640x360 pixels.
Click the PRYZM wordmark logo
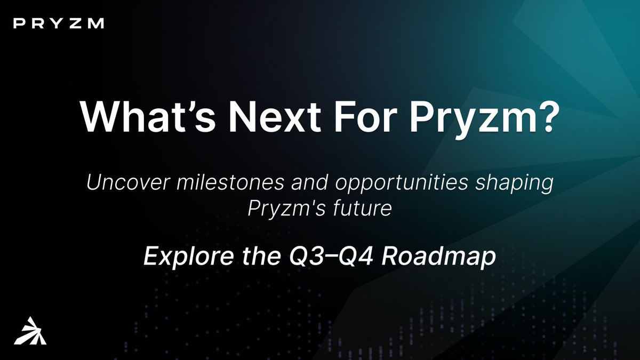pyautogui.click(x=59, y=23)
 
